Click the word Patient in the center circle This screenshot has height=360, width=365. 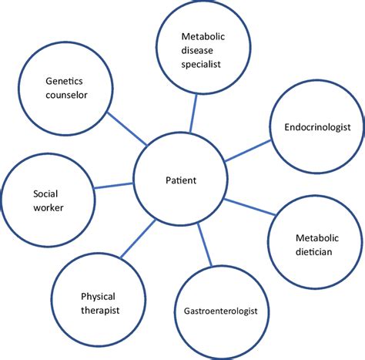point(181,180)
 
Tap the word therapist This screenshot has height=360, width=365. point(100,309)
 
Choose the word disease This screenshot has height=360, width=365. point(201,50)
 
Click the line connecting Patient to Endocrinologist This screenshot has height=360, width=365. point(249,154)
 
